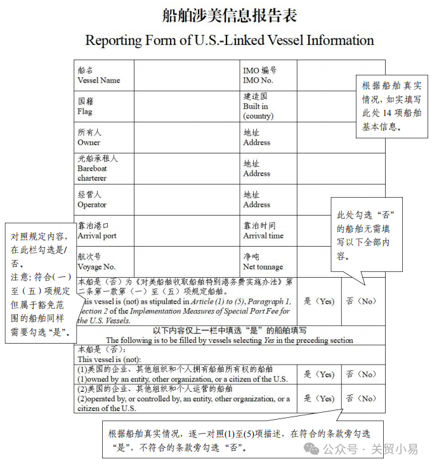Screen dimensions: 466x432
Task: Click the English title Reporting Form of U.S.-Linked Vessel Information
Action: [x=229, y=40]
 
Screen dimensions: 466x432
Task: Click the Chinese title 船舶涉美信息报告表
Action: [x=229, y=15]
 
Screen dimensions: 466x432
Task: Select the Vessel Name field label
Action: [x=98, y=75]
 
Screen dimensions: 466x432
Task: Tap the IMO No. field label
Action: [x=259, y=75]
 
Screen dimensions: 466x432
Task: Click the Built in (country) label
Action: [x=258, y=107]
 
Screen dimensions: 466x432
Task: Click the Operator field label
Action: [x=92, y=200]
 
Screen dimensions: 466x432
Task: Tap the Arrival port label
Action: [x=96, y=231]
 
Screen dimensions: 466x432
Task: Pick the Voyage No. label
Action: [x=96, y=262]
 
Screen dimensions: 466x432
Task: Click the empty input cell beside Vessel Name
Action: [x=187, y=75]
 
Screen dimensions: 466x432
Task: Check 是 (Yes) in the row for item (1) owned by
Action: [x=318, y=374]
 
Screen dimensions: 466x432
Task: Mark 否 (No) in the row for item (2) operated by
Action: [x=362, y=399]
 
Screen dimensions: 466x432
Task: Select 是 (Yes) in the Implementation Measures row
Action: [x=318, y=301]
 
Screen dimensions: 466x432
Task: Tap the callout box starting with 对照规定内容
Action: [x=40, y=282]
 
